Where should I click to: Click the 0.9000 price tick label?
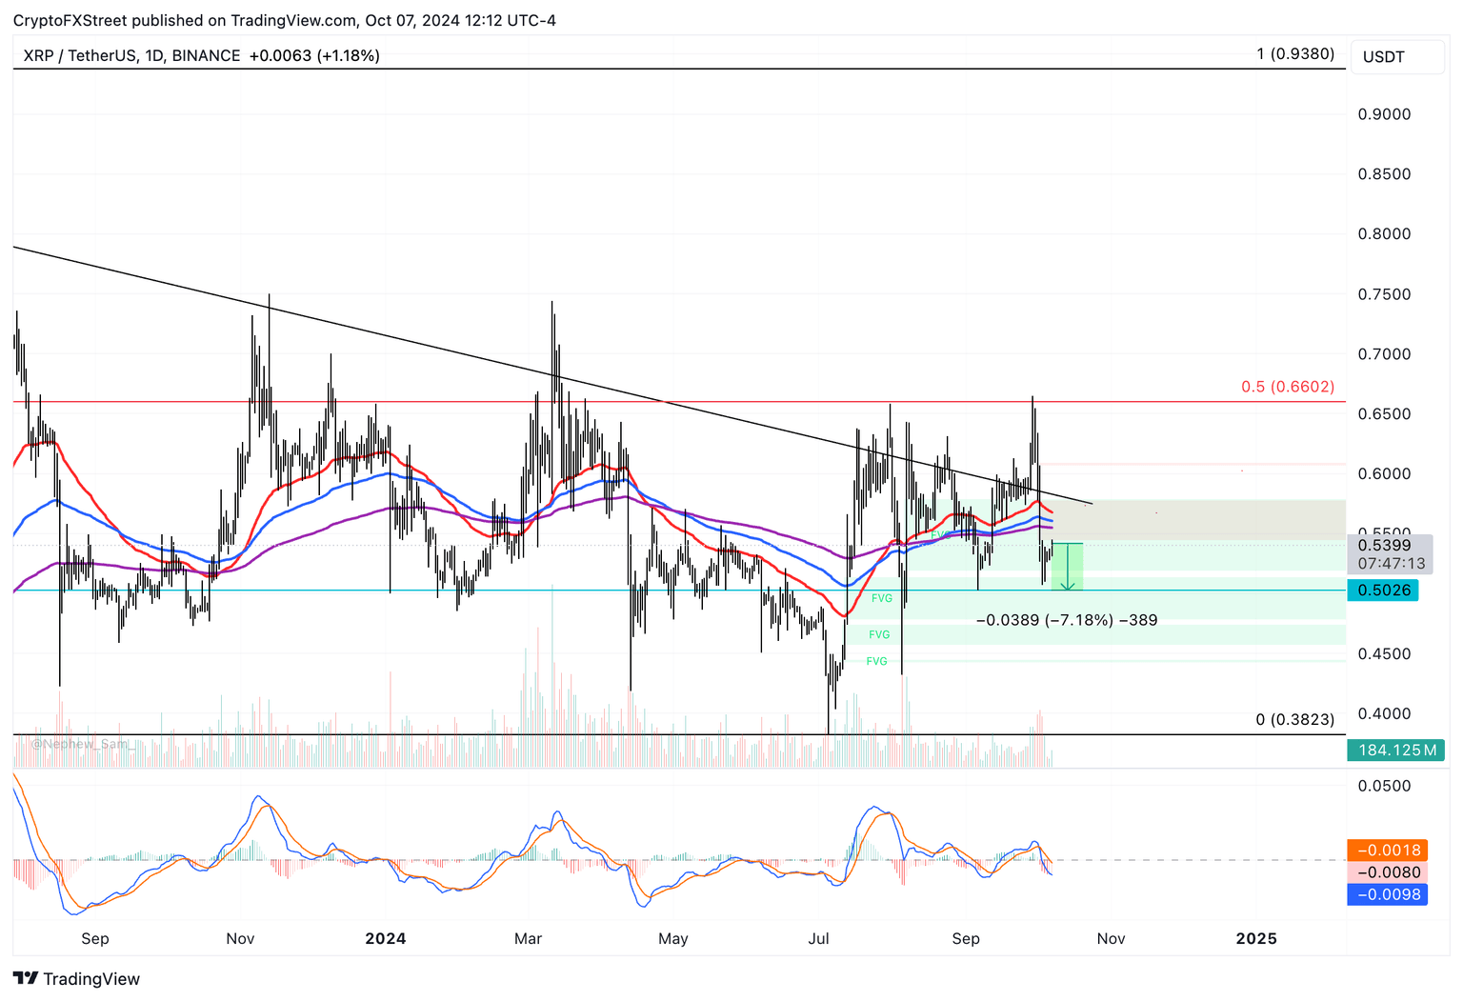coord(1384,114)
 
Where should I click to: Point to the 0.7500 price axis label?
coord(1384,294)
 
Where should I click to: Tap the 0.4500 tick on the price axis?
coord(1384,654)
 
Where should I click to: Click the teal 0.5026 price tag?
coord(1383,591)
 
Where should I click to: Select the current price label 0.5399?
coord(1384,546)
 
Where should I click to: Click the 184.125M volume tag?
coord(1396,751)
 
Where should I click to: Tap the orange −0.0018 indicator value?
coord(1388,851)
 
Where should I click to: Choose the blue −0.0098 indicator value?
coord(1388,894)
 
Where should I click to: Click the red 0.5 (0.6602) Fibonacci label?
coord(1287,387)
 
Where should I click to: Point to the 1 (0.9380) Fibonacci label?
coord(1295,54)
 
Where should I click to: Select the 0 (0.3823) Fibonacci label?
coord(1294,720)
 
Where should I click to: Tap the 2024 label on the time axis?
coord(386,939)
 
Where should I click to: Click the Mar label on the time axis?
coord(528,939)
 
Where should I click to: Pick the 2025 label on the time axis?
coord(1255,939)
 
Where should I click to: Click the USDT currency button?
coord(1383,57)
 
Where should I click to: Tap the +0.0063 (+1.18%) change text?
coord(314,56)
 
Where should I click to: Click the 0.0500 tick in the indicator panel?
coord(1384,787)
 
